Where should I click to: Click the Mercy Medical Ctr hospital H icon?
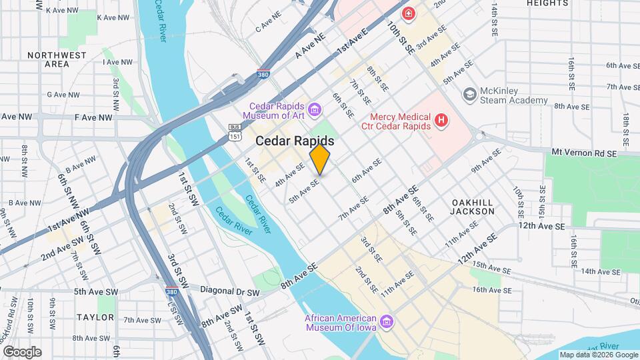[x=440, y=121]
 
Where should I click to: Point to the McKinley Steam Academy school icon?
[x=469, y=94]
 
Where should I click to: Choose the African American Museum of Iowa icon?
[x=387, y=323]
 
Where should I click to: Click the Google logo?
[x=21, y=351]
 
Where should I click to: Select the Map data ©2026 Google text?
[x=597, y=355]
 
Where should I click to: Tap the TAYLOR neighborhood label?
[x=95, y=317]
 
